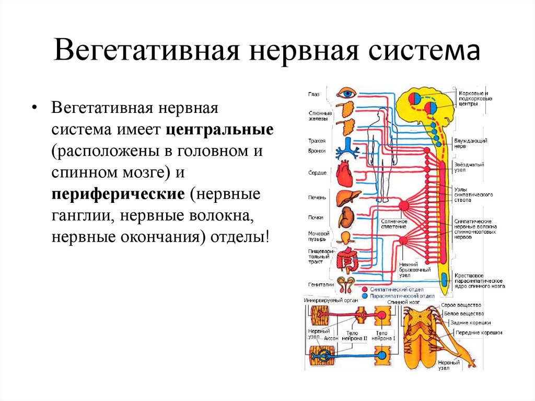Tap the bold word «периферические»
point(118,194)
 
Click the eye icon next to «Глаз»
point(346,94)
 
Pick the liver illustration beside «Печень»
point(345,199)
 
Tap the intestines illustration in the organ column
point(347,260)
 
